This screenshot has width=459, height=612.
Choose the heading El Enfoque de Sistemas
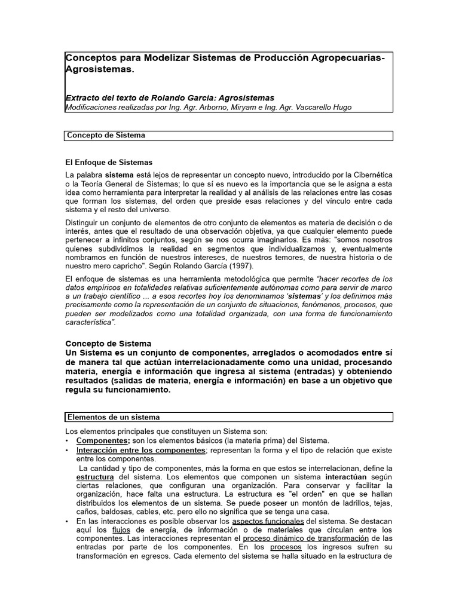(109, 162)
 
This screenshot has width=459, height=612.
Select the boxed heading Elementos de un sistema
(114, 417)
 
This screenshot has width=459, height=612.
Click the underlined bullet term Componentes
(103, 440)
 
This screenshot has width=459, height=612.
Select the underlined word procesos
(286, 547)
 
